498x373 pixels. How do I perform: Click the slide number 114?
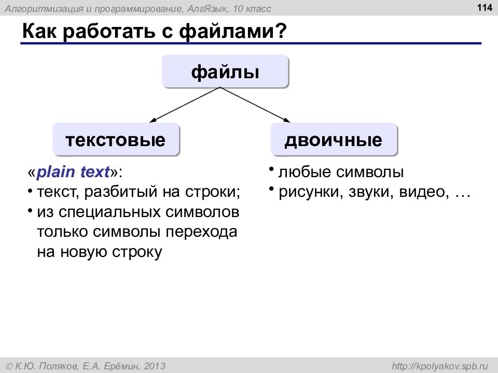coord(485,7)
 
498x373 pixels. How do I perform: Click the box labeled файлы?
coord(225,71)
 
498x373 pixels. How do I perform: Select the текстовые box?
coord(116,139)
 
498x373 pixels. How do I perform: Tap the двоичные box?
coord(334,139)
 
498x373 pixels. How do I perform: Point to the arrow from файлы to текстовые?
coord(185,105)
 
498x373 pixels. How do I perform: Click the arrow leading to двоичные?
coord(255,105)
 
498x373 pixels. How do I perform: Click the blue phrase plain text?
coord(73,172)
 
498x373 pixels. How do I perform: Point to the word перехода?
coord(201,232)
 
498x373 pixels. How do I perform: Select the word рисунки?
coord(311,192)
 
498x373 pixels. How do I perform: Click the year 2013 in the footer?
coord(155,366)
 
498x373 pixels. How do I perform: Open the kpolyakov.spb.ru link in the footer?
coord(439,366)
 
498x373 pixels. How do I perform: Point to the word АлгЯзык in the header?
coord(208,9)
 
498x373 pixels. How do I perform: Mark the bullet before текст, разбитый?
coord(30,191)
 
